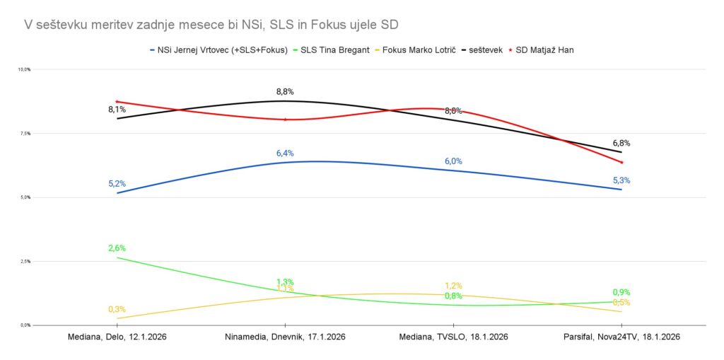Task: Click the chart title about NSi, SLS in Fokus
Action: click(x=211, y=25)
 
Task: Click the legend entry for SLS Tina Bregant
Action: click(x=334, y=50)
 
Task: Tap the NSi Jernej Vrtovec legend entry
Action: click(x=223, y=50)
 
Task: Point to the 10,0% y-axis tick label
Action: click(x=23, y=69)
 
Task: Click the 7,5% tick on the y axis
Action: click(x=24, y=134)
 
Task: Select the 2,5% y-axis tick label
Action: click(x=24, y=262)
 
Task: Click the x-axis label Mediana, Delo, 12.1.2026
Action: click(x=117, y=337)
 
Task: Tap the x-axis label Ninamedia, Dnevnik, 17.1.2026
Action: click(x=285, y=337)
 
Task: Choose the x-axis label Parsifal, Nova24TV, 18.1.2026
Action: click(x=621, y=337)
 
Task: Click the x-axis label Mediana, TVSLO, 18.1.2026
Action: click(x=453, y=337)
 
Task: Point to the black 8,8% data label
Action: click(x=285, y=92)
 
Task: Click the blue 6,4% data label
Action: click(x=285, y=153)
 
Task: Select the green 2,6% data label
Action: click(x=117, y=248)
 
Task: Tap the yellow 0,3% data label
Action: click(x=117, y=310)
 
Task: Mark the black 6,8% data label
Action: click(x=621, y=143)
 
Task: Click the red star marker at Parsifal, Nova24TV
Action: click(x=621, y=162)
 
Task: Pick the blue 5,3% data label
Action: click(x=621, y=180)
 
